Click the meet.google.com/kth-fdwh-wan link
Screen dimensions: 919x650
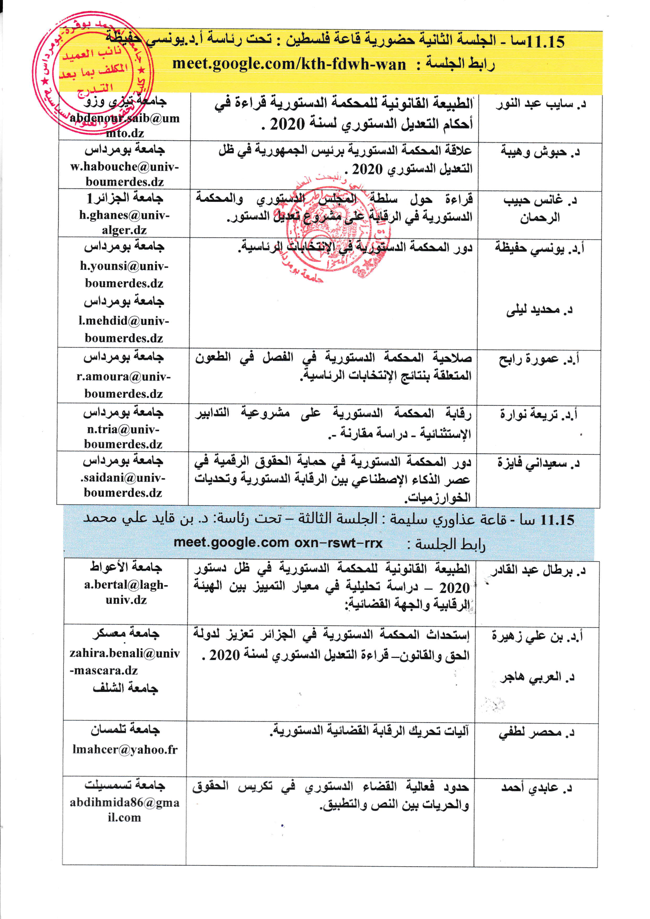(289, 64)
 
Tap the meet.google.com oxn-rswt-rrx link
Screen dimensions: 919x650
(278, 543)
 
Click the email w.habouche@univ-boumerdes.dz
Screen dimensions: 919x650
(125, 174)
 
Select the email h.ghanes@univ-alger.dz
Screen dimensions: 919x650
(124, 223)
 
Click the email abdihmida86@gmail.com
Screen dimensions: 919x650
(125, 810)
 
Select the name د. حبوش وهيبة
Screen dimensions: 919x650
(540, 152)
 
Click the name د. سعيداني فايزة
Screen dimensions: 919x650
(539, 464)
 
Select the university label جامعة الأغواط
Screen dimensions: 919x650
(126, 567)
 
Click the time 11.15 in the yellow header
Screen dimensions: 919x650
(546, 42)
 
